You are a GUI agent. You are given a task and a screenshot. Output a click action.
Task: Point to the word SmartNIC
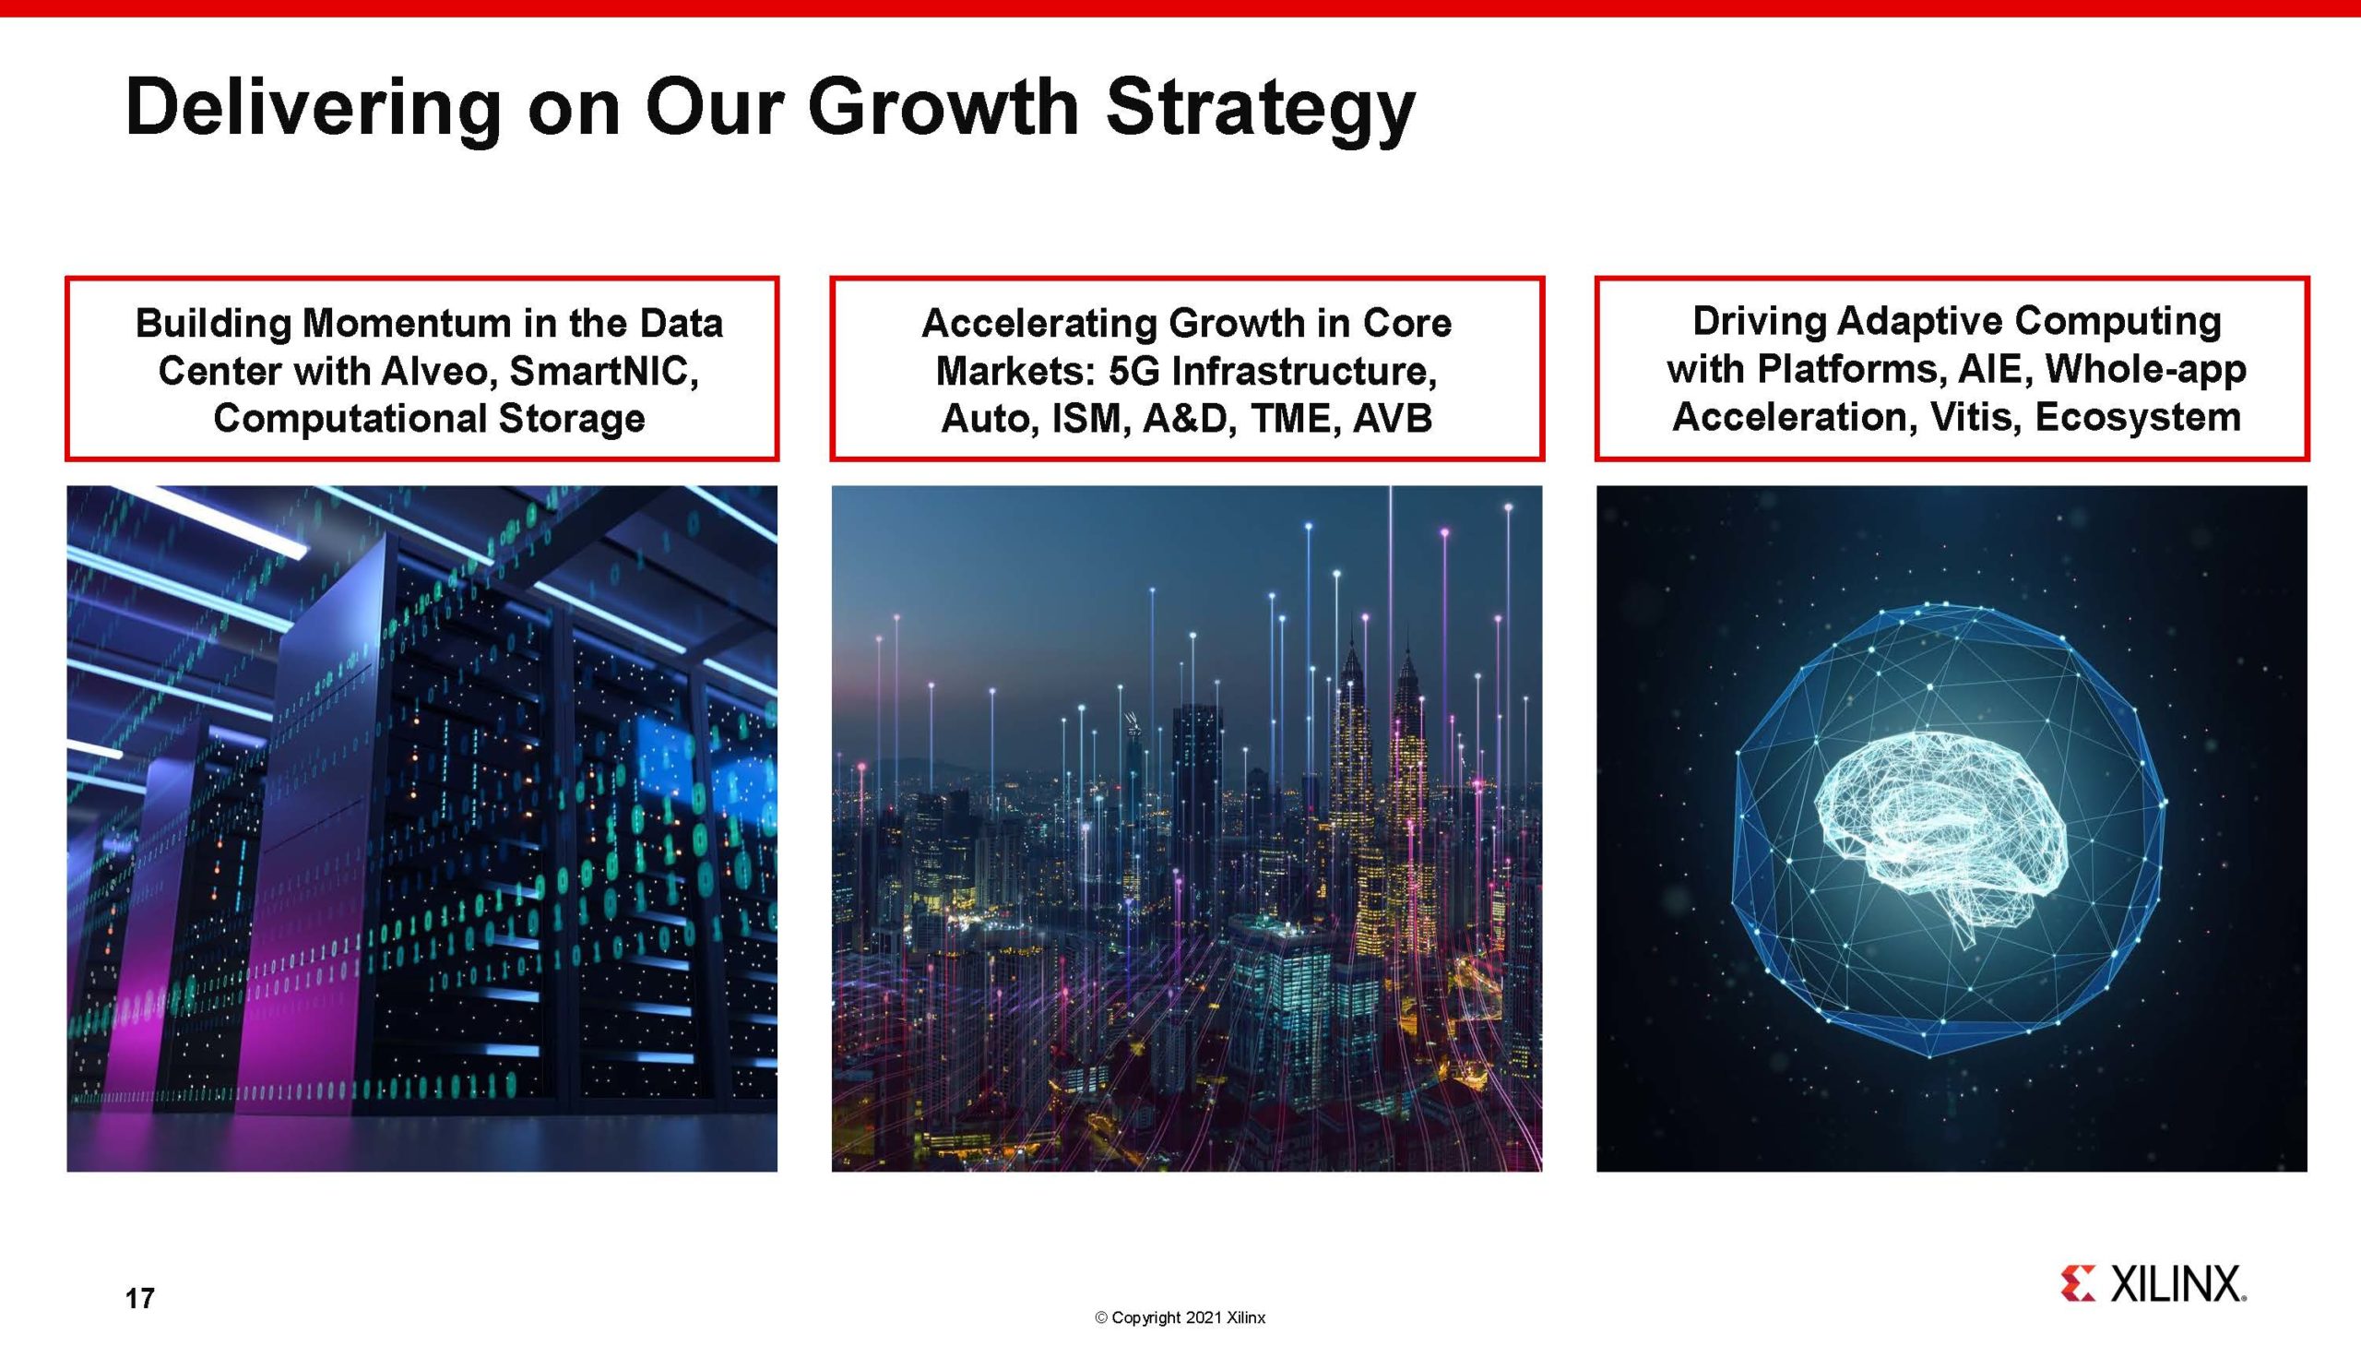coord(603,372)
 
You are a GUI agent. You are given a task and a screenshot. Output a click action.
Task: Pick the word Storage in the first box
coord(571,419)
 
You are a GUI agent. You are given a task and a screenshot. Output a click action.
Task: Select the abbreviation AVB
coord(1393,419)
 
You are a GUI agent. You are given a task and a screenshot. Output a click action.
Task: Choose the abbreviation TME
coord(1291,419)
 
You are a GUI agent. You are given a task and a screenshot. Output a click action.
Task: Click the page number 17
coord(139,1298)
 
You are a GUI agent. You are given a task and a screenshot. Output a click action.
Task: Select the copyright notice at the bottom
coord(1180,1317)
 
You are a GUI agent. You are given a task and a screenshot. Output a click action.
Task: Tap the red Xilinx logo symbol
coord(2078,1284)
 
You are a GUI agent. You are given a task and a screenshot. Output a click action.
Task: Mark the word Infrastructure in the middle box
coord(1305,372)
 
